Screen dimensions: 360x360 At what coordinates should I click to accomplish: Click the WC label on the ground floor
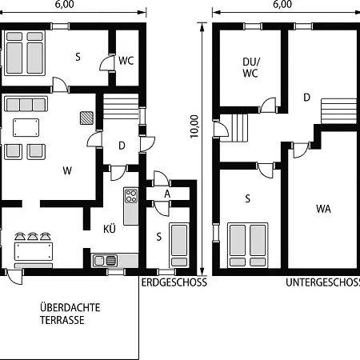[x=126, y=60]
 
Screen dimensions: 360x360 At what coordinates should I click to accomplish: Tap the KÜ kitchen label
[x=110, y=228]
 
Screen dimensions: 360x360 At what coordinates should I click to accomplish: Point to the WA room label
[x=323, y=209]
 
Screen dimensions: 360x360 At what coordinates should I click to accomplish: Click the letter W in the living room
[x=68, y=170]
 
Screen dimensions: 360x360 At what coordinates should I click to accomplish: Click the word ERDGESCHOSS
[x=174, y=282]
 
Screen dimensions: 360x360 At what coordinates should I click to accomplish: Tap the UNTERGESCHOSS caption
[x=322, y=282]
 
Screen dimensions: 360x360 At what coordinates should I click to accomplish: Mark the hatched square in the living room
[x=86, y=118]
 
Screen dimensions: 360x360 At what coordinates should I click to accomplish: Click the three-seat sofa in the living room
[x=24, y=104]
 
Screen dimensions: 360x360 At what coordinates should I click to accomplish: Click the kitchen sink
[x=105, y=259]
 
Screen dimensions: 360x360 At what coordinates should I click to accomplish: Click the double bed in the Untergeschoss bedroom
[x=247, y=245]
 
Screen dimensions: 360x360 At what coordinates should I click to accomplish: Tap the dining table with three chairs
[x=34, y=250]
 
